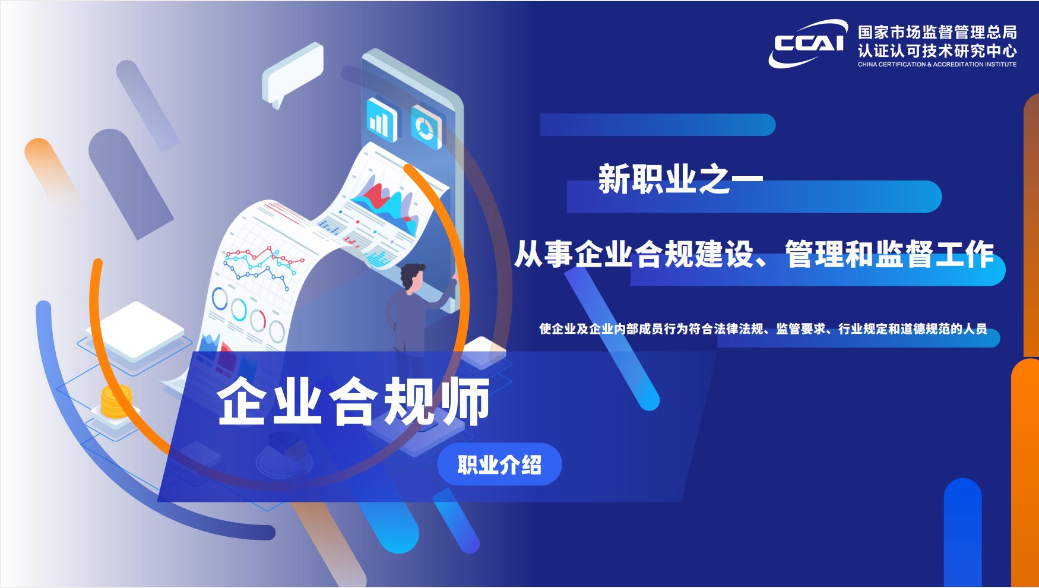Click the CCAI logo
tap(808, 43)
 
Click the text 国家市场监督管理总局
tap(937, 32)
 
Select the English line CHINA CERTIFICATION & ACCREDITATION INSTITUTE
tap(937, 64)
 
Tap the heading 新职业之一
tap(680, 179)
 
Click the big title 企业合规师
tap(354, 402)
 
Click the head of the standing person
tap(412, 277)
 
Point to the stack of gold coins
tap(116, 402)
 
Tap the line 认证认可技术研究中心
tap(937, 51)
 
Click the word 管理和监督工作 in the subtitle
tap(889, 254)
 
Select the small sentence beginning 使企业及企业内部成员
tap(763, 328)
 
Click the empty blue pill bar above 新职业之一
tap(658, 125)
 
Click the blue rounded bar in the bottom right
tap(962, 533)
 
